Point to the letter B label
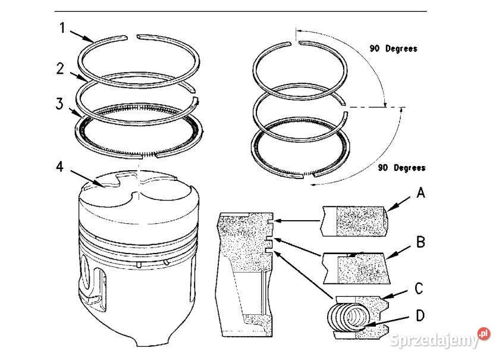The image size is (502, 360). [x=419, y=242]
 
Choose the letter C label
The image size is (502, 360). [x=419, y=289]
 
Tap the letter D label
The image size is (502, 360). [x=419, y=314]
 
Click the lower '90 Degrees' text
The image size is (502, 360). [x=401, y=168]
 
